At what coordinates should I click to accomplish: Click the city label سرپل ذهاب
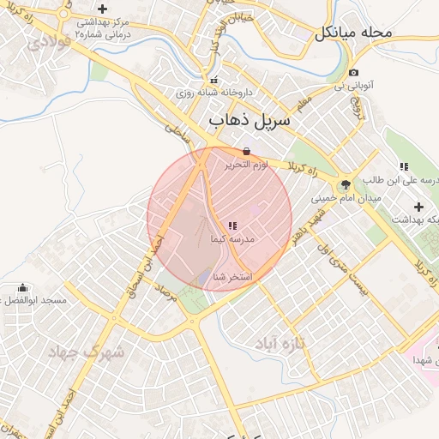(x=250, y=123)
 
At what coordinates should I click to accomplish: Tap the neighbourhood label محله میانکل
(x=352, y=33)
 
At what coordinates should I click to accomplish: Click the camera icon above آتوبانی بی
(x=354, y=72)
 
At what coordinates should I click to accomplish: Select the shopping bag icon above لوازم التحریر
(x=247, y=150)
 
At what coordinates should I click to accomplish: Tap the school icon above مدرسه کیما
(x=233, y=226)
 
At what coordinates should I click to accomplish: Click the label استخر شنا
(x=232, y=277)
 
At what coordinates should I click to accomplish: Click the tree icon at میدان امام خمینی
(x=346, y=183)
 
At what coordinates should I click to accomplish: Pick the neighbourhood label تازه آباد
(x=280, y=343)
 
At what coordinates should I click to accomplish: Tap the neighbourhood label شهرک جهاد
(x=86, y=352)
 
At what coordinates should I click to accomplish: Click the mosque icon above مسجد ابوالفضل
(x=21, y=287)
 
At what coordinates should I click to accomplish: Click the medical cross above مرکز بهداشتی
(x=102, y=9)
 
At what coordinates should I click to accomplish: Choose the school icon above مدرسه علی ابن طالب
(x=403, y=165)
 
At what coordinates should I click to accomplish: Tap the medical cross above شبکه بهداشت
(x=418, y=206)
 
